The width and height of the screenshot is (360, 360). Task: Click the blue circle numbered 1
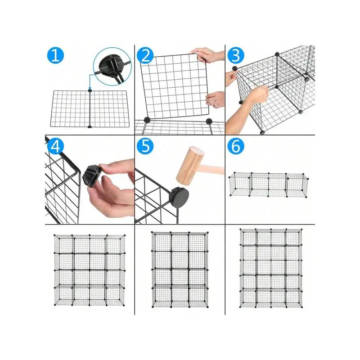click(55, 55)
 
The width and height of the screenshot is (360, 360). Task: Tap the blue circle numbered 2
click(145, 55)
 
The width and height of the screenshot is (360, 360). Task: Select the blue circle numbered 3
click(236, 55)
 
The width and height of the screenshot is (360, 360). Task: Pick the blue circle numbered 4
click(55, 146)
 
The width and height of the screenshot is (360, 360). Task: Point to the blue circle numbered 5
click(145, 146)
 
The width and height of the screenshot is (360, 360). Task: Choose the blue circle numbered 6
click(236, 146)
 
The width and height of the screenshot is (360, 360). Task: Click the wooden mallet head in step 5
click(190, 166)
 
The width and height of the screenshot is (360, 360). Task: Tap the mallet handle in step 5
click(213, 168)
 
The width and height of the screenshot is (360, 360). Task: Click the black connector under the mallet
click(180, 197)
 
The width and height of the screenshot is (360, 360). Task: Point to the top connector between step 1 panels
click(90, 91)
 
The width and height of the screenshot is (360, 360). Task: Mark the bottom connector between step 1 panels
click(90, 126)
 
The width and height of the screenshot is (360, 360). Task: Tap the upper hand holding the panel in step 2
click(207, 55)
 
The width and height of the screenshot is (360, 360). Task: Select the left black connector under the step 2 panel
click(147, 120)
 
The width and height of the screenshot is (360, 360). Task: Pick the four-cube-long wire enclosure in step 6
click(268, 184)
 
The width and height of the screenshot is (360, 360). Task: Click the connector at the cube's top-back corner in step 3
click(277, 54)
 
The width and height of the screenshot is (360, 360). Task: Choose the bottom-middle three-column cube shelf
click(180, 270)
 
